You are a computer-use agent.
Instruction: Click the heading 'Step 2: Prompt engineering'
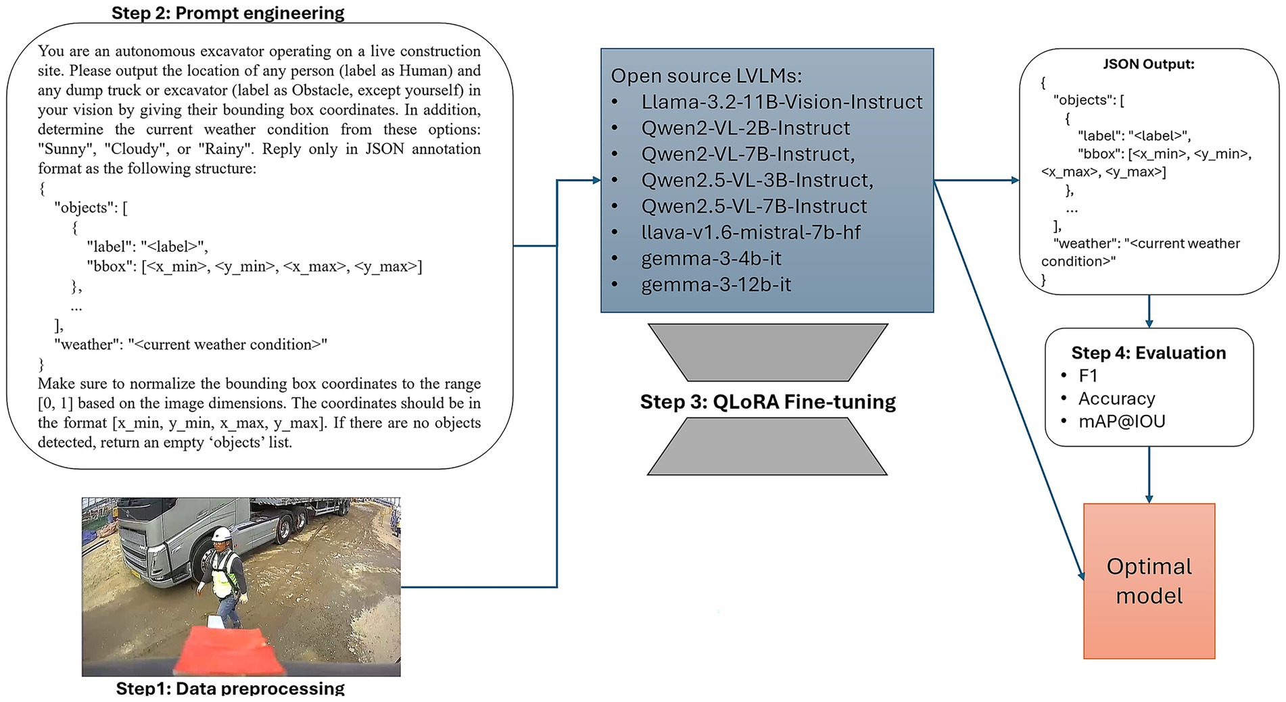click(x=228, y=14)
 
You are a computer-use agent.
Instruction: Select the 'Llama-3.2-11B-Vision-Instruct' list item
click(x=782, y=102)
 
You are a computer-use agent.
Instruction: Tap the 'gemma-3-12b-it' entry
click(x=716, y=284)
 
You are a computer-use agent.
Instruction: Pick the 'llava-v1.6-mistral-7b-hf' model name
click(x=751, y=232)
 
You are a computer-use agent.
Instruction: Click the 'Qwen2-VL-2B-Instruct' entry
click(x=746, y=128)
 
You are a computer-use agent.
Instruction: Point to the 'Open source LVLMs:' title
click(x=706, y=76)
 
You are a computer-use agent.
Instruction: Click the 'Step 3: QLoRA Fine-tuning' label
click(x=767, y=402)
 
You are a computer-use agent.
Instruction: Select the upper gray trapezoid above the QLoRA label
click(x=767, y=352)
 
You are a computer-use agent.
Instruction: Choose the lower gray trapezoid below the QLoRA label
click(x=767, y=447)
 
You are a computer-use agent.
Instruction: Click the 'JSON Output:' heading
click(x=1148, y=64)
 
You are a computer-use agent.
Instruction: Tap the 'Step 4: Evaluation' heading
click(x=1148, y=353)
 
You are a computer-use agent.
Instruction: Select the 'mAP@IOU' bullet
click(x=1122, y=422)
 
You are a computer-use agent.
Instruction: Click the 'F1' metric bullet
click(x=1088, y=376)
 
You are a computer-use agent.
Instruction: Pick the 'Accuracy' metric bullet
click(x=1116, y=399)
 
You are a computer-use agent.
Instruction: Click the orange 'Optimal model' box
click(x=1149, y=581)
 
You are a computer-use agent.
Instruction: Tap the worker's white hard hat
click(x=220, y=535)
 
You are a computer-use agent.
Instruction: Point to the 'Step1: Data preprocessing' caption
click(x=230, y=688)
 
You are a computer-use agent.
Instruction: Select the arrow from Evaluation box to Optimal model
click(x=1149, y=474)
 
